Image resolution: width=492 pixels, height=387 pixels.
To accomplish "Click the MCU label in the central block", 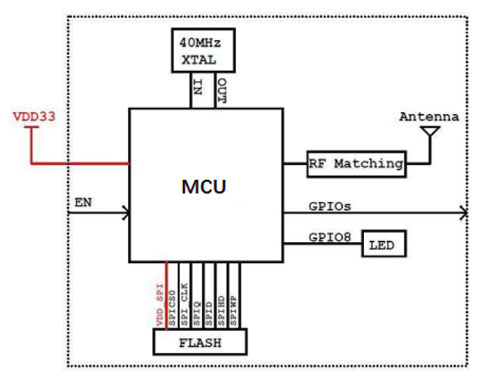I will click(x=204, y=186).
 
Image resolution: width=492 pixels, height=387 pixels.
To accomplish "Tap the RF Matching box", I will click(x=355, y=163).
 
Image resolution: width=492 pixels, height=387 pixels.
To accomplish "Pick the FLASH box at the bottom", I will click(x=200, y=342).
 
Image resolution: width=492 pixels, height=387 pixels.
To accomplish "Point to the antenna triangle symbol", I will click(x=431, y=133).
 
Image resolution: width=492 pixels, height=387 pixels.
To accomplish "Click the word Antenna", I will click(x=428, y=117).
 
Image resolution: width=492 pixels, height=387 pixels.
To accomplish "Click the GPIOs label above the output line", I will click(x=329, y=205).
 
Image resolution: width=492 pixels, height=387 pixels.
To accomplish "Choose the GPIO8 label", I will click(x=329, y=236).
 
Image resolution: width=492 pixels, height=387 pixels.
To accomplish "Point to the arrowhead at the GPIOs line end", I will click(x=463, y=214).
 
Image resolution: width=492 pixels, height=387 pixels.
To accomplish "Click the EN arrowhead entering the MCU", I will click(x=124, y=214).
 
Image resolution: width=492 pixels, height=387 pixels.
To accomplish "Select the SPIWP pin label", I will click(x=234, y=310).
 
